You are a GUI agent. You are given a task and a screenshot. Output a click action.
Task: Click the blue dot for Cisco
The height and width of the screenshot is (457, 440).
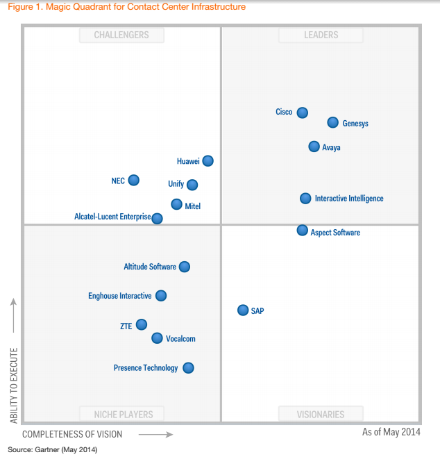tap(302, 113)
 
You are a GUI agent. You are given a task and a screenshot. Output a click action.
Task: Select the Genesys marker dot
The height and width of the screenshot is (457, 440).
tap(332, 123)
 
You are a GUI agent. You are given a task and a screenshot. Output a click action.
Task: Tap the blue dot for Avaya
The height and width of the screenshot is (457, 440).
tap(314, 147)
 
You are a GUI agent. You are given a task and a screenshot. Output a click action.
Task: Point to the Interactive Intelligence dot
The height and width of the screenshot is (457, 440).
tap(305, 199)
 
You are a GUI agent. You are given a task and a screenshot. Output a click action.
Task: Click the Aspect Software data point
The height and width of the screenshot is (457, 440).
tap(302, 231)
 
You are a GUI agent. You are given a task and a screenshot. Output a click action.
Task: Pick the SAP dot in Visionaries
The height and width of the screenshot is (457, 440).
tap(242, 310)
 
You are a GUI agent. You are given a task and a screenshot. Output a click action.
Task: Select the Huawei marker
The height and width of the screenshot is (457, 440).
tap(208, 161)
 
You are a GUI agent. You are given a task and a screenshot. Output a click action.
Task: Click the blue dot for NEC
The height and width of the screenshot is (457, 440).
tap(133, 181)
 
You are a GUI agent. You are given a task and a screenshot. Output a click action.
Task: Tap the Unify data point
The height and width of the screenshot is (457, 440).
tap(192, 185)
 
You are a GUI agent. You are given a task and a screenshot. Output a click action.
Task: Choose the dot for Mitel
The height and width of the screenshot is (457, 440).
tap(176, 204)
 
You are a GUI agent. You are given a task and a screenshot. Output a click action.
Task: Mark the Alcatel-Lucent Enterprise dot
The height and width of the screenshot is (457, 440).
tap(157, 218)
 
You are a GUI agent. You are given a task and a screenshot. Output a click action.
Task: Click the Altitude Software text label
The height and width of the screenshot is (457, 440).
tap(150, 267)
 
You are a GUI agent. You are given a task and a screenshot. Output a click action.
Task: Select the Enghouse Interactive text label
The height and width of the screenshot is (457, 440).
tap(119, 296)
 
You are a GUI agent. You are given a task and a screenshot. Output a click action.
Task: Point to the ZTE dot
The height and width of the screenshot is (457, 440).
tap(142, 324)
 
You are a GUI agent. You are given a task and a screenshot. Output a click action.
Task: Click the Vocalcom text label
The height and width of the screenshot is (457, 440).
tap(180, 339)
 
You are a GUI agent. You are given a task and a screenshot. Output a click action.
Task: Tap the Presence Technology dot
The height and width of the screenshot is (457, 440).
tap(188, 368)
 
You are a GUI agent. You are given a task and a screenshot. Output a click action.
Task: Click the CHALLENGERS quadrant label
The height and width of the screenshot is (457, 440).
tap(121, 35)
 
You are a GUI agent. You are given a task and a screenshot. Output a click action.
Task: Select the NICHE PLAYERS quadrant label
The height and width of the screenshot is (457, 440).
tap(124, 415)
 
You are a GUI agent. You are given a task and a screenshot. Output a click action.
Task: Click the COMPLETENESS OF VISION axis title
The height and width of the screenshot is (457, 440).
tap(72, 434)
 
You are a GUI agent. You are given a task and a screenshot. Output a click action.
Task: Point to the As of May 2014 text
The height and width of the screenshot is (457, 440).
tap(390, 432)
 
